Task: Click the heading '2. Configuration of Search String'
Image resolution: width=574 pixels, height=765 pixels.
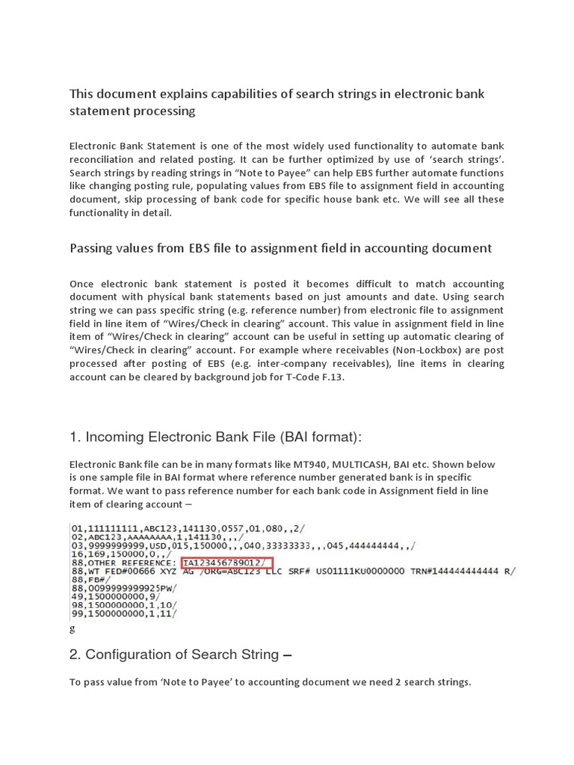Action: coord(180,655)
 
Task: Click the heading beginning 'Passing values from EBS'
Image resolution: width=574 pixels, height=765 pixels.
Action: coord(280,248)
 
